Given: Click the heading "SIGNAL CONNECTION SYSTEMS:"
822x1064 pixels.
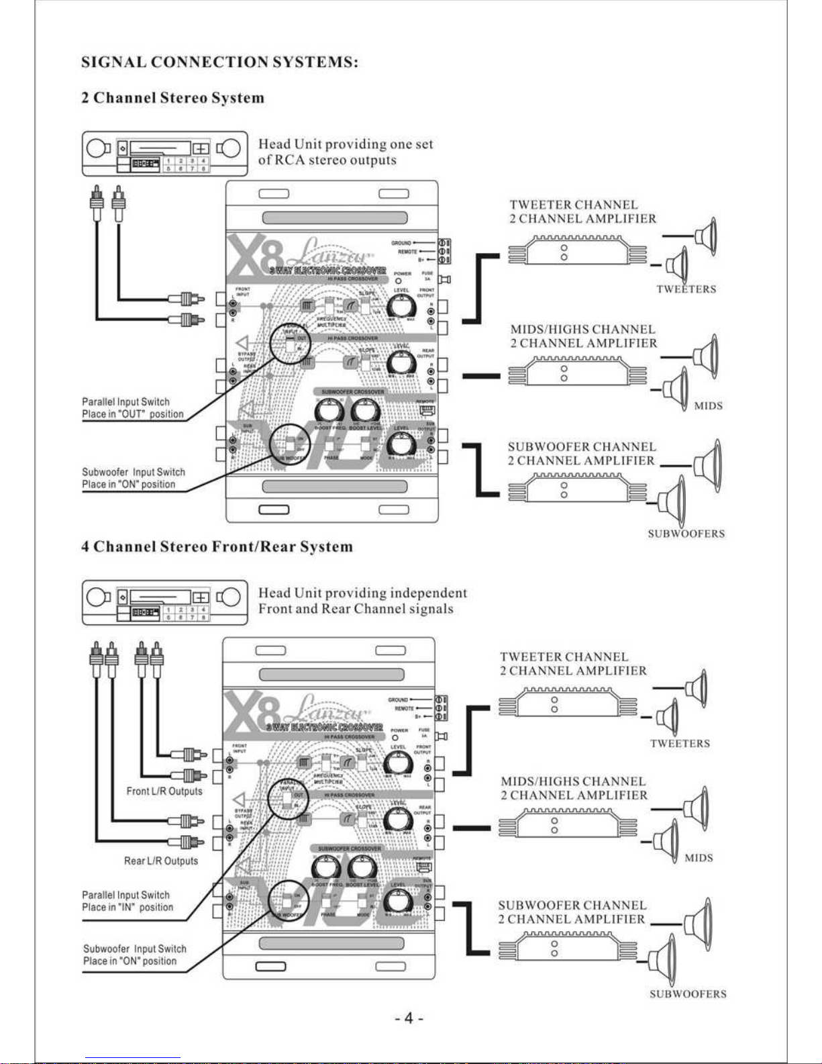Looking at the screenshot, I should (219, 62).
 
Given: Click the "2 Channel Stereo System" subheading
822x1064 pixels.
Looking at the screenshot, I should (172, 98).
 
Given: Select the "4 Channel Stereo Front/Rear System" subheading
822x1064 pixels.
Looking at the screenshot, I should (217, 546).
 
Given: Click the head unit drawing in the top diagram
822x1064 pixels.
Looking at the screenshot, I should (164, 154).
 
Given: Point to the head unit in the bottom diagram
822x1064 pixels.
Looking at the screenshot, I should (164, 603).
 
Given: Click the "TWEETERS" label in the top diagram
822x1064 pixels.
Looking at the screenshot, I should (686, 289).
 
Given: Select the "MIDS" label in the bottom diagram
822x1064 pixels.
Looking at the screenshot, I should (699, 858).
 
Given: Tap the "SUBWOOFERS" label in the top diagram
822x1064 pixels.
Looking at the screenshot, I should (686, 534).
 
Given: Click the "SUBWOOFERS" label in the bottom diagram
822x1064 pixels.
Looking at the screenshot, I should (688, 994).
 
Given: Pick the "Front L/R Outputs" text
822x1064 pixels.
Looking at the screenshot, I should (164, 791).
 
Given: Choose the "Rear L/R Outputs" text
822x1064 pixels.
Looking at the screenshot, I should (161, 861).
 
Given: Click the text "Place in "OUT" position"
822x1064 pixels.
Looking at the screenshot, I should (133, 414).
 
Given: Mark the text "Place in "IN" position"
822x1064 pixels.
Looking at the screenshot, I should (127, 908).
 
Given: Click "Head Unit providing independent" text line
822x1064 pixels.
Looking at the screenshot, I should (362, 593).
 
